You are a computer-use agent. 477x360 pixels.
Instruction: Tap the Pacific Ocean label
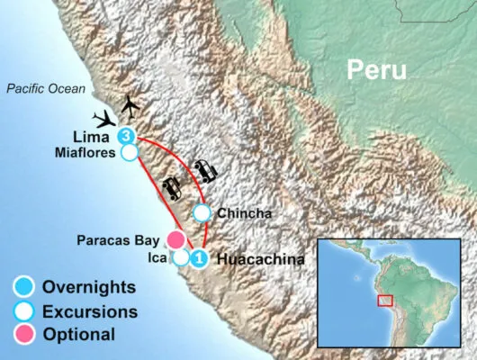click(x=46, y=88)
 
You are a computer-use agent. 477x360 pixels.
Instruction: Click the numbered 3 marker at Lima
click(x=127, y=137)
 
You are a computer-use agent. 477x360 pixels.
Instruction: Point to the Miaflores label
click(x=87, y=153)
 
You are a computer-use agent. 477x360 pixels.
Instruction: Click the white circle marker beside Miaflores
click(x=130, y=154)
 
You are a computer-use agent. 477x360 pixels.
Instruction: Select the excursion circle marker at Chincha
click(x=202, y=213)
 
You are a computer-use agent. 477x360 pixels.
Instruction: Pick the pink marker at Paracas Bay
click(x=176, y=239)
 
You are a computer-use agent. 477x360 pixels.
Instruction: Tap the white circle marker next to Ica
click(x=180, y=257)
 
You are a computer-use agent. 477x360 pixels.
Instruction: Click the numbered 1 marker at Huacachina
click(x=199, y=259)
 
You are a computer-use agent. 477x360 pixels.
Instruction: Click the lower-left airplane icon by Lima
click(x=105, y=119)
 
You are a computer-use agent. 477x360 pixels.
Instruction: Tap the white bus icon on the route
click(x=204, y=170)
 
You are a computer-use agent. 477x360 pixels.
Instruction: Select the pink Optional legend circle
click(x=23, y=335)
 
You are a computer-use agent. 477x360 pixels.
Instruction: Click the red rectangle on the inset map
click(x=385, y=300)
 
